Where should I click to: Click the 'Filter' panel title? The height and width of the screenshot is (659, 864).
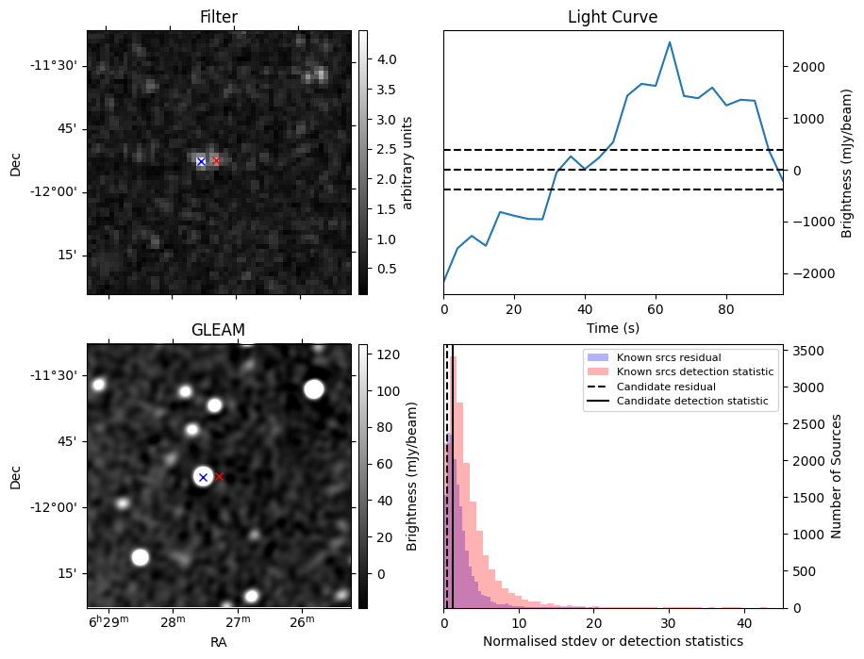[x=219, y=17]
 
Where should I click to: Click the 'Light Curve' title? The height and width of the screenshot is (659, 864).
[x=612, y=17]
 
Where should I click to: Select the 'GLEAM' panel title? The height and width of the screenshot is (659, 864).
[x=219, y=330]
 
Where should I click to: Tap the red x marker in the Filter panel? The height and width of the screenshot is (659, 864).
[x=216, y=161]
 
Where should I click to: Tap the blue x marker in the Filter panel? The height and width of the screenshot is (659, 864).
[x=201, y=162]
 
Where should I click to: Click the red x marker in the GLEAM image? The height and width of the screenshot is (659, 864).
[x=220, y=477]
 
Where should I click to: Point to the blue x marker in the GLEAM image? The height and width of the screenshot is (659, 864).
[x=203, y=477]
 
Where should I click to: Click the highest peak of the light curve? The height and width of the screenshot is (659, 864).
[x=670, y=42]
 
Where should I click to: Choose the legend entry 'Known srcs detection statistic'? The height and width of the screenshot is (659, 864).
[x=695, y=372]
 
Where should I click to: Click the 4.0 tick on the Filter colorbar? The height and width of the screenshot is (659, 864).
[x=386, y=59]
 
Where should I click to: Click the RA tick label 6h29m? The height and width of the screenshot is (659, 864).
[x=108, y=623]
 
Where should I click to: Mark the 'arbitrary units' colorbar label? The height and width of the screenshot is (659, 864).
[x=407, y=162]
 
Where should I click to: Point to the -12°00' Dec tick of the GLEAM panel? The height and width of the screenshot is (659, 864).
[x=57, y=507]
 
